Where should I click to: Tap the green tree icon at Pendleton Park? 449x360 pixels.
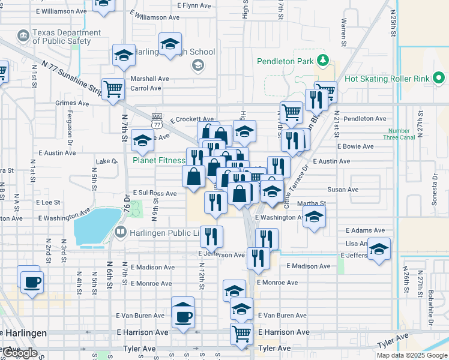coord(322,61)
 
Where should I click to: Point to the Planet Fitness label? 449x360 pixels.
coord(158,161)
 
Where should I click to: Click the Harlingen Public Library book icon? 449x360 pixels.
coord(121,232)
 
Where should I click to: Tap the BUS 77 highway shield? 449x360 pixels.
coord(157,121)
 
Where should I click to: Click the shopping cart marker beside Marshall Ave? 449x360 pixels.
coord(112,89)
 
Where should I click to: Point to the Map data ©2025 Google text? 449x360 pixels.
coord(412,355)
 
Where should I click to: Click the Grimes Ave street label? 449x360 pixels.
coord(71,103)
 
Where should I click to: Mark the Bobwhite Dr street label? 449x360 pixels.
coord(431,309)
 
